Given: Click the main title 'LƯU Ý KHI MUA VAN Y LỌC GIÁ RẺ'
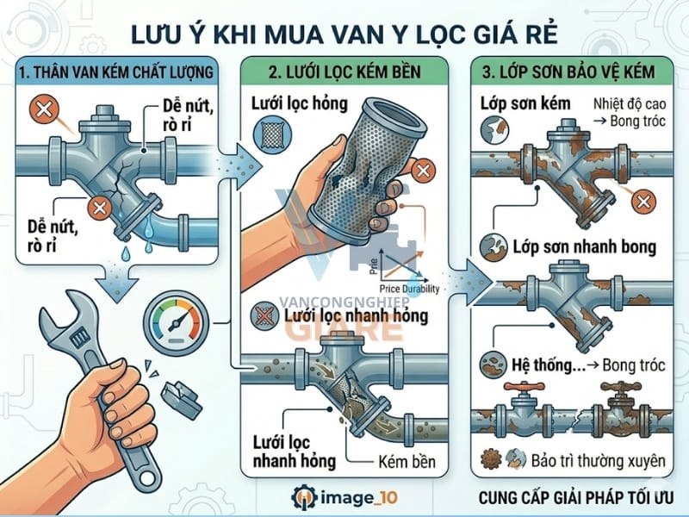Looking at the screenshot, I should [x=344, y=33].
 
